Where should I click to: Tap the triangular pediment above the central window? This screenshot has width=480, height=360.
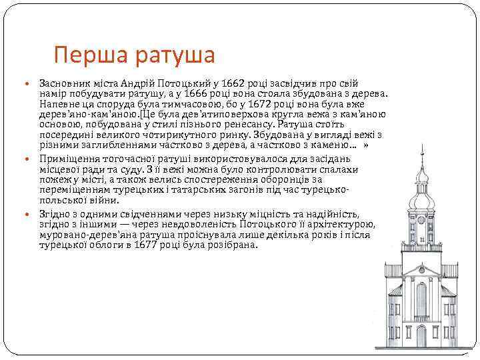coord(421,270)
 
